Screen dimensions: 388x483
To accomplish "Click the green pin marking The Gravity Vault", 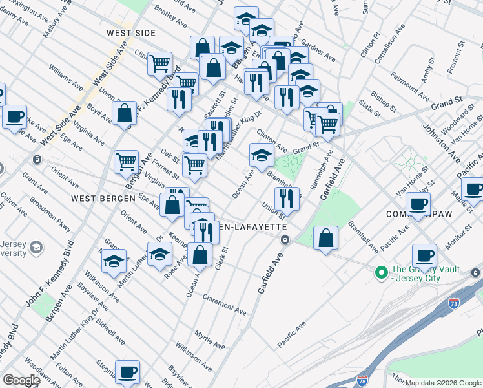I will pos(382,274).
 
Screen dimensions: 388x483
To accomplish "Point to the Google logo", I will pos(21,380).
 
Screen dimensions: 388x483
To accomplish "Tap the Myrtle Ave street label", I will pos(209,338).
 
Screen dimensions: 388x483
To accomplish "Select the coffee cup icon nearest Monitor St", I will pos(424,255).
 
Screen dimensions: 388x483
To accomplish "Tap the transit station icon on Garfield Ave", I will pos(284,240).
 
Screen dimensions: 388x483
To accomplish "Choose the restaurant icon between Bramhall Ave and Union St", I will pos(287,199).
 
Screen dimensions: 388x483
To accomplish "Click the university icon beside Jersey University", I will pos(37,247).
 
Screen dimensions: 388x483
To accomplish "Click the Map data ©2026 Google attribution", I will pos(444,383).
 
